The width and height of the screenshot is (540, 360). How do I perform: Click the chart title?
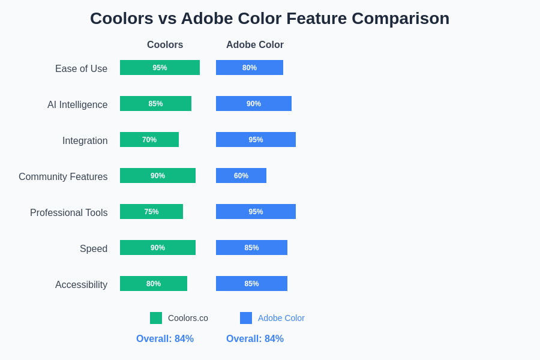(269, 19)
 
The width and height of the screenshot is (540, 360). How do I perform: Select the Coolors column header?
(165, 45)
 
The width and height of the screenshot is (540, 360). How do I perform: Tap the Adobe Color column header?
(255, 45)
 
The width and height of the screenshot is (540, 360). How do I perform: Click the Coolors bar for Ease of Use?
(160, 68)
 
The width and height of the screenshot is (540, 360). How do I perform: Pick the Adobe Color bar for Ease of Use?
(250, 68)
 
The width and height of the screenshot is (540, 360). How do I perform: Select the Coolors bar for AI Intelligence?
(155, 104)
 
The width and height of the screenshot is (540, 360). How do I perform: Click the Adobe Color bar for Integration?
(256, 140)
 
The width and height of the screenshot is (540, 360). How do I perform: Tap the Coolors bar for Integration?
(149, 140)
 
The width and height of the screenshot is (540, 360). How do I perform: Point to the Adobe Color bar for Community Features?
(241, 176)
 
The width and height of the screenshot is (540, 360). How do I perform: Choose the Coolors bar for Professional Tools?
(151, 212)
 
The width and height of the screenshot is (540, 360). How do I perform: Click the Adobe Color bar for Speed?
(251, 248)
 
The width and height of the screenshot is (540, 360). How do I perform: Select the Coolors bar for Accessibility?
(154, 284)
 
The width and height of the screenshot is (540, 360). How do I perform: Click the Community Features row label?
(63, 177)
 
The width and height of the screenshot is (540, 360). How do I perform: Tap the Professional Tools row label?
(69, 213)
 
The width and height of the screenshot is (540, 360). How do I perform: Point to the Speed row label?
(94, 249)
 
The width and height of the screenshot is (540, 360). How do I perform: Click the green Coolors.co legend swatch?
(156, 318)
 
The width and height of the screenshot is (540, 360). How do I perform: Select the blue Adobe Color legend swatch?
(246, 318)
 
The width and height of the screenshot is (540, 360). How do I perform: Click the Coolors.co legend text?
(188, 318)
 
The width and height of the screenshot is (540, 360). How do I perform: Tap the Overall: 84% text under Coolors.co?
(165, 339)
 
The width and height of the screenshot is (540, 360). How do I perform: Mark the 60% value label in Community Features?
(241, 176)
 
